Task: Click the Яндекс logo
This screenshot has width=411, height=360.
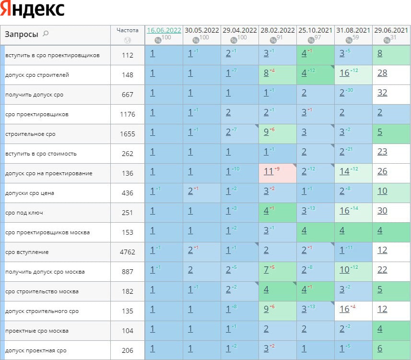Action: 33,10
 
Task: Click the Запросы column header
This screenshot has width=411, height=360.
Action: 22,34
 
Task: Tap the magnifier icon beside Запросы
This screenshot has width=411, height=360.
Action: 46,34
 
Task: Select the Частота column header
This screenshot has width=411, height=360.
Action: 127,30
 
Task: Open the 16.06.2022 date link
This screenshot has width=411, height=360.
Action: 164,30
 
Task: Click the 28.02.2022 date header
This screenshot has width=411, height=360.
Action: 278,30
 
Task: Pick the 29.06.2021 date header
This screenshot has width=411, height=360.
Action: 391,30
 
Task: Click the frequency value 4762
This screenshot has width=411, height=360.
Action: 128,252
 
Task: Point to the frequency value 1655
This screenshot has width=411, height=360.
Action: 128,134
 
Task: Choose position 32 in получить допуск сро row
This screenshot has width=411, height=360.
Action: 382,93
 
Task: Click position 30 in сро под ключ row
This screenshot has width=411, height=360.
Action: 382,211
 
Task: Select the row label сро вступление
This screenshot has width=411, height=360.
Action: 27,252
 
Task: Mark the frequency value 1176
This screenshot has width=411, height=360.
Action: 128,114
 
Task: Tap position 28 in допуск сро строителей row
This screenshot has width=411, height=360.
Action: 382,73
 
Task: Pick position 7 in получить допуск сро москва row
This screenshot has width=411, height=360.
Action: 266,270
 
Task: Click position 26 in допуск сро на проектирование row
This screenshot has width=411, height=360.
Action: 382,171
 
